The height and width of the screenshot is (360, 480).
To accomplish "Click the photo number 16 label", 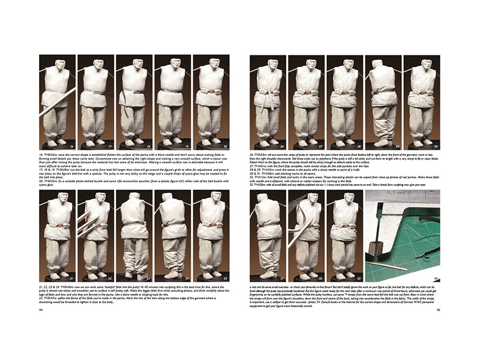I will point(71,146).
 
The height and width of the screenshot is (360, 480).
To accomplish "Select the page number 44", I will point(41,310).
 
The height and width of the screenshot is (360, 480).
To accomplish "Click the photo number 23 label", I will point(148,278).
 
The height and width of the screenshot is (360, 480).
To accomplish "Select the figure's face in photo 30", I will point(422,64).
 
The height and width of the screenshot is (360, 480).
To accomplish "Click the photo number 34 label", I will point(436,278).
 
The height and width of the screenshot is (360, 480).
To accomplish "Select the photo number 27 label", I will point(321,146).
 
